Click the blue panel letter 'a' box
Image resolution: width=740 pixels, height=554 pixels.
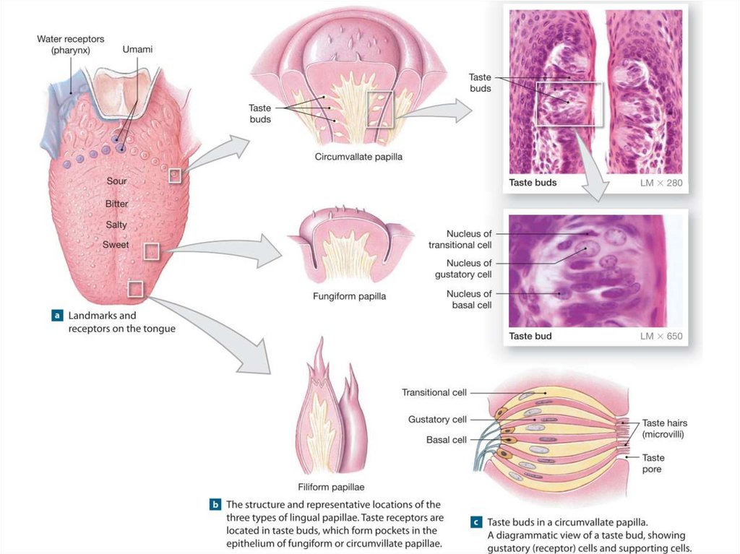(x=56, y=316)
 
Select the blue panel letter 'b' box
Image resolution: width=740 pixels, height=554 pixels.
(x=215, y=504)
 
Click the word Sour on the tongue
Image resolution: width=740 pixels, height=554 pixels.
(x=116, y=181)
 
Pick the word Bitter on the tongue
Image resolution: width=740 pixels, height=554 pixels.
(x=116, y=204)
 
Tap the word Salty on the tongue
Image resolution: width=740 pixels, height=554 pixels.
(x=116, y=225)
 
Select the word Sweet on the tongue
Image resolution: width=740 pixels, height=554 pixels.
(x=116, y=245)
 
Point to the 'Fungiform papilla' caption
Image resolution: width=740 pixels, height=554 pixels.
(x=349, y=296)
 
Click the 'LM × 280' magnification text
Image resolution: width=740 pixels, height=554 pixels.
(x=661, y=183)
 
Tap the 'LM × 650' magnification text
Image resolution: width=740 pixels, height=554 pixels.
(x=661, y=336)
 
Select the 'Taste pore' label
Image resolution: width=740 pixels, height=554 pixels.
(x=653, y=463)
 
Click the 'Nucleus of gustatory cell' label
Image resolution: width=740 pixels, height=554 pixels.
(x=468, y=269)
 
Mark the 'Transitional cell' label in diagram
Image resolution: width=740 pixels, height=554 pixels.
(x=434, y=392)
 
